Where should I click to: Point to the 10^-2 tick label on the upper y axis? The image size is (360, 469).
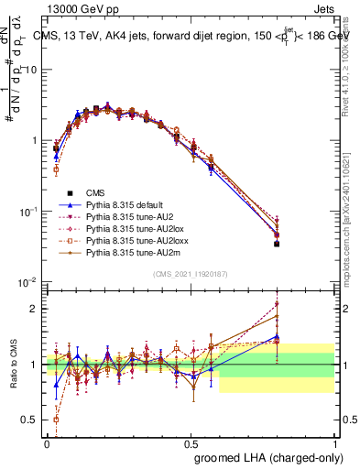click(x=27, y=282)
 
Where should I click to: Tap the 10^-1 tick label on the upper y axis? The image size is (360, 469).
click(x=27, y=212)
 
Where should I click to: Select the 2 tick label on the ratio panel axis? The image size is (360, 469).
click(x=34, y=309)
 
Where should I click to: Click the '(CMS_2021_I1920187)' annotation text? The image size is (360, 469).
click(x=191, y=274)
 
